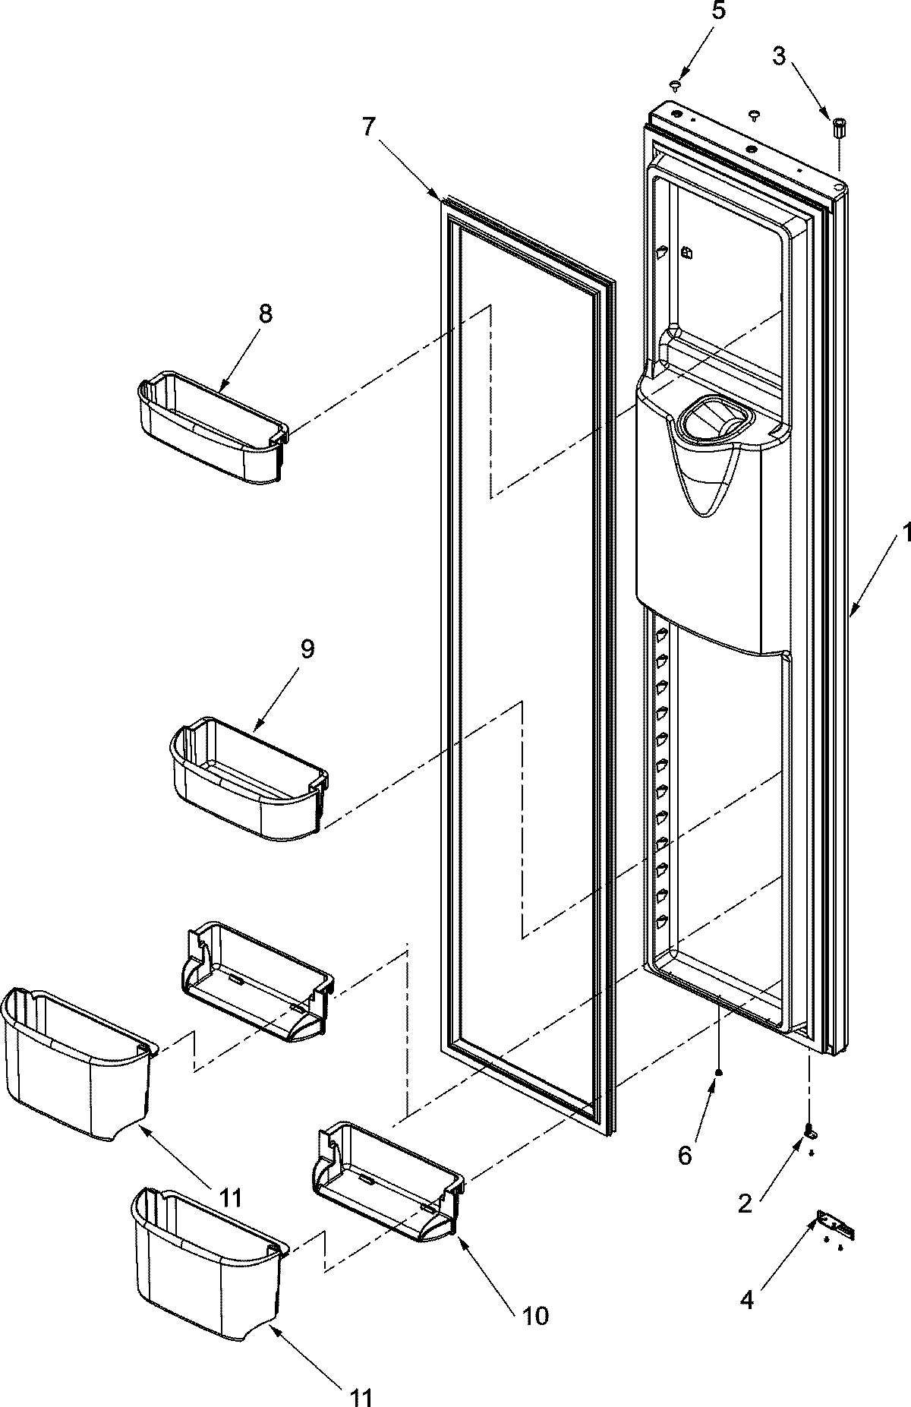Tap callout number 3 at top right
tap(779, 55)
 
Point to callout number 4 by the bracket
tap(747, 1301)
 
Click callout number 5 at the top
tap(719, 11)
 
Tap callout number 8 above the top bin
tap(264, 314)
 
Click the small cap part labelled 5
tap(674, 84)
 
